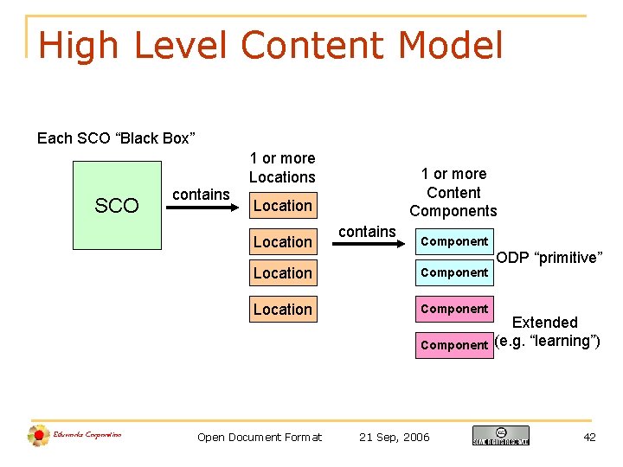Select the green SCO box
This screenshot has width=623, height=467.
pyautogui.click(x=117, y=206)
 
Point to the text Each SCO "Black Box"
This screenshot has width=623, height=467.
pyautogui.click(x=116, y=138)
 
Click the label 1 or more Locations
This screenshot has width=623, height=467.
pyautogui.click(x=282, y=168)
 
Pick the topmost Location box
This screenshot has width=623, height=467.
pyautogui.click(x=282, y=206)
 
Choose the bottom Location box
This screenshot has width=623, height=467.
pyautogui.click(x=282, y=310)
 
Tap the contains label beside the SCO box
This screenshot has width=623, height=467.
pyautogui.click(x=201, y=195)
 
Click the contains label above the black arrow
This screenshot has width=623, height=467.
pyautogui.click(x=367, y=231)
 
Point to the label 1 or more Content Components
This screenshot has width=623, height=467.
pyautogui.click(x=453, y=192)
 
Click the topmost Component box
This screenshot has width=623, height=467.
pyautogui.click(x=454, y=241)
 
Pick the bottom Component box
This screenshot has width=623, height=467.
pyautogui.click(x=454, y=345)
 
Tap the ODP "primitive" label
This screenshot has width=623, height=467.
pyautogui.click(x=549, y=258)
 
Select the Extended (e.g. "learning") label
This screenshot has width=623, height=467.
pyautogui.click(x=546, y=332)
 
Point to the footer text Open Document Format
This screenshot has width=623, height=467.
pyautogui.click(x=260, y=437)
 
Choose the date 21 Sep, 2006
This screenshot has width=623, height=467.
pyautogui.click(x=394, y=437)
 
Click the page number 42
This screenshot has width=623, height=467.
pyautogui.click(x=589, y=437)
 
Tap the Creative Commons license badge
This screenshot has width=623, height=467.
pyautogui.click(x=500, y=435)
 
